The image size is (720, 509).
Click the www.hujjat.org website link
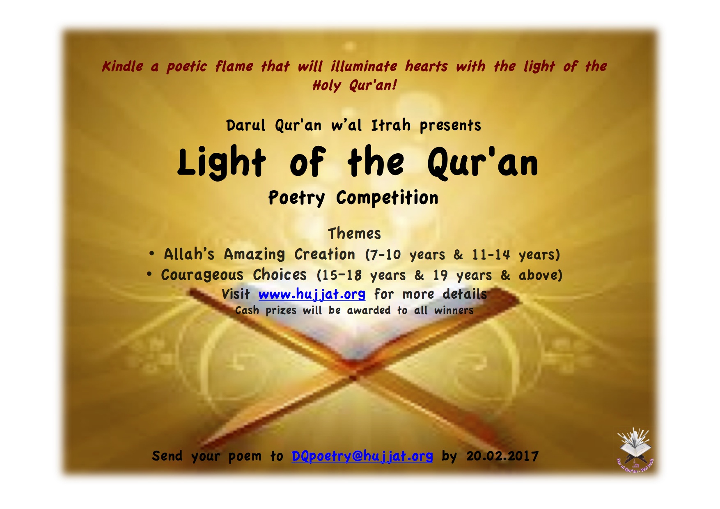tap(312, 295)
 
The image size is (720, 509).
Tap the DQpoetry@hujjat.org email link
tap(362, 456)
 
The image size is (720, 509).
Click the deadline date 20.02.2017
tap(502, 456)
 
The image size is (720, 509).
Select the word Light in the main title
tap(222, 163)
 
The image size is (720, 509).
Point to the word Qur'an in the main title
tap(483, 164)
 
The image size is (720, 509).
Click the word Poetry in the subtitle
tap(297, 198)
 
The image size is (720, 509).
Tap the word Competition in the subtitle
tap(388, 198)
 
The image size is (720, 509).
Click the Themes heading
tap(354, 233)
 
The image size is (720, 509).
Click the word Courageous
tap(202, 275)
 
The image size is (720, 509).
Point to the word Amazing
tap(255, 255)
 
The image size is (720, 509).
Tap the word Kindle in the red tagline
tap(123, 67)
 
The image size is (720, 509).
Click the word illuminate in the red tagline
tap(364, 67)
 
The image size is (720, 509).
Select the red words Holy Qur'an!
tap(355, 85)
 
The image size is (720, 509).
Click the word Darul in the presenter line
tap(246, 125)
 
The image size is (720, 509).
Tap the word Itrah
tap(391, 125)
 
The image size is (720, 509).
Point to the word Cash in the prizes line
tap(247, 311)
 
